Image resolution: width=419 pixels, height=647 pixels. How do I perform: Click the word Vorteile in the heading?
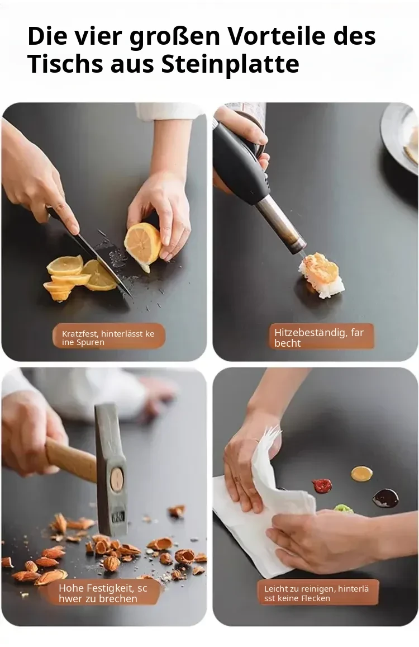click(277, 36)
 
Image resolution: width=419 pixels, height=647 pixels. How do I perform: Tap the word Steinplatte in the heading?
click(230, 64)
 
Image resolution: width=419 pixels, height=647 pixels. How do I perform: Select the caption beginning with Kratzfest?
click(108, 338)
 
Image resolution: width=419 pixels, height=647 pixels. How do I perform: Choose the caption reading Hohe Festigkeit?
click(103, 593)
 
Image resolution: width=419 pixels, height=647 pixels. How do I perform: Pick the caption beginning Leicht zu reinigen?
click(316, 593)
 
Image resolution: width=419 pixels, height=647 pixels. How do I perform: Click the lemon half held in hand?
click(143, 245)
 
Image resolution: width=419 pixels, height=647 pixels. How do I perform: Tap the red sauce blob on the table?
click(322, 485)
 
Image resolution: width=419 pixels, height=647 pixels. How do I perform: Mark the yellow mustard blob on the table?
click(361, 473)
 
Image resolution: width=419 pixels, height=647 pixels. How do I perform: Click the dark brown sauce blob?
click(385, 498)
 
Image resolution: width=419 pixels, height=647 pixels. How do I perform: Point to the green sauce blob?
click(343, 508)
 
